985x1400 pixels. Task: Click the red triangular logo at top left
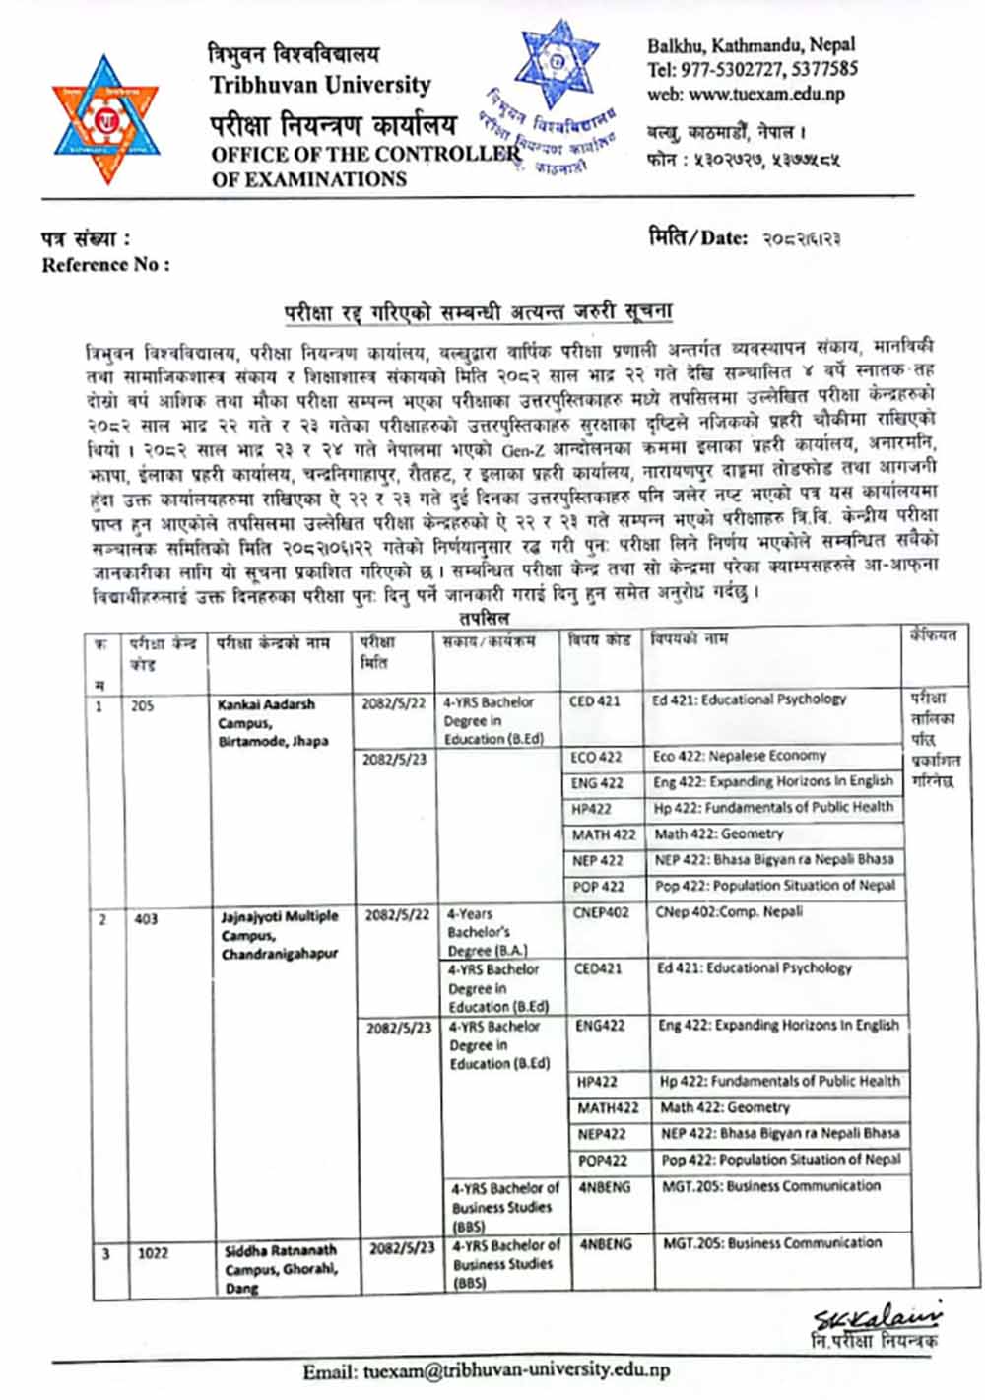[x=105, y=120]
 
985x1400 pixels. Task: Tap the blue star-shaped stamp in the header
[x=557, y=65]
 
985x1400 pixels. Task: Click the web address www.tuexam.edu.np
[x=747, y=95]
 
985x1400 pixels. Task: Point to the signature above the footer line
[x=875, y=1317]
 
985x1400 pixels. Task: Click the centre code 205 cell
[x=143, y=706]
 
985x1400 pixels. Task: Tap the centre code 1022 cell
[x=153, y=1253]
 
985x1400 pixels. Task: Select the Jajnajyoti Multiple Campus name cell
[x=280, y=935]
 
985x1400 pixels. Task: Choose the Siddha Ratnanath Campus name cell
[x=281, y=1267]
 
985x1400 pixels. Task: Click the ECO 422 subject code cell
[x=597, y=757]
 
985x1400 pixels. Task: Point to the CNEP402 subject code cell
[x=601, y=913]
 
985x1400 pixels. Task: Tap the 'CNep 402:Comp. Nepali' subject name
[x=730, y=912]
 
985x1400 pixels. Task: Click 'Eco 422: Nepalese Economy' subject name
[x=740, y=756]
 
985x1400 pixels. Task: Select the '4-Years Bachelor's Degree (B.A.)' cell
[x=488, y=932]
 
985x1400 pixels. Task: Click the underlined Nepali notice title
[x=478, y=312]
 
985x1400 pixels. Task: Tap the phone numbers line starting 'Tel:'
[x=752, y=69]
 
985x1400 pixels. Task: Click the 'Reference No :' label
[x=105, y=265]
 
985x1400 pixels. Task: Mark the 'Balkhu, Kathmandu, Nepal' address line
[x=751, y=44]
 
